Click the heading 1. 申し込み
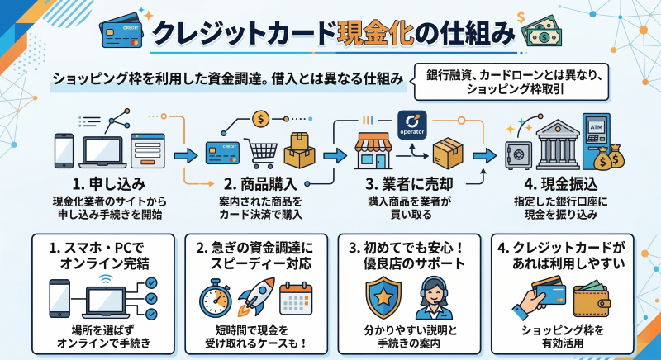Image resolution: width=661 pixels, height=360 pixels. coord(100,183)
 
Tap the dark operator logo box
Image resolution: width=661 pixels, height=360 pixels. coord(415,127)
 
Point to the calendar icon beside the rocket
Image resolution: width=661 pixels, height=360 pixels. coord(297,299)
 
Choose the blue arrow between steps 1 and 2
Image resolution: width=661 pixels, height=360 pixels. coord(186,154)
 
